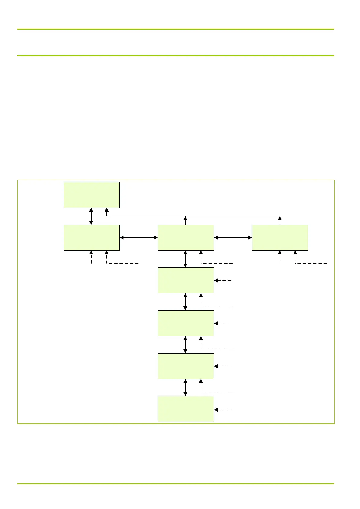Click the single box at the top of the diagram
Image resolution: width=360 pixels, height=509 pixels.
point(92,195)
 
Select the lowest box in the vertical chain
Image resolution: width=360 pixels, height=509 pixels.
point(186,409)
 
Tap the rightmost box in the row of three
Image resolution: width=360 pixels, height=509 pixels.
point(280,237)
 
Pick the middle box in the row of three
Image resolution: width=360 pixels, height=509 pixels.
point(186,237)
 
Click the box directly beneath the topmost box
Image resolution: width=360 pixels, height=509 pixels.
point(92,237)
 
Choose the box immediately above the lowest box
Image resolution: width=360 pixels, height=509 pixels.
point(186,366)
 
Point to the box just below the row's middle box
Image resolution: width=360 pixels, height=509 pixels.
point(186,280)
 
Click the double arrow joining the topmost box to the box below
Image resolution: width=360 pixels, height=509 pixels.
point(91,216)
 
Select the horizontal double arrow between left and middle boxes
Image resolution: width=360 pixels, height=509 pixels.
point(139,238)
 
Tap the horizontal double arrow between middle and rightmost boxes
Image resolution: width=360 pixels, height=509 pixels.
point(233,238)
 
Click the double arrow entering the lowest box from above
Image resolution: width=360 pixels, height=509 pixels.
point(186,387)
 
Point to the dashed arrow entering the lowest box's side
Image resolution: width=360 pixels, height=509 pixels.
point(223,410)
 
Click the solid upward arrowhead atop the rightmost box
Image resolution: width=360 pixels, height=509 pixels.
point(280,218)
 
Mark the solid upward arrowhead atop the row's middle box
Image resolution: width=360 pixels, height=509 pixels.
point(186,218)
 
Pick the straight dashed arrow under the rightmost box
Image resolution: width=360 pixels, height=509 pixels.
point(280,257)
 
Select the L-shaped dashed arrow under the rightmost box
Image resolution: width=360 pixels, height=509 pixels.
point(308,263)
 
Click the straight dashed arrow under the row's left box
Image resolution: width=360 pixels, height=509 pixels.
point(91,257)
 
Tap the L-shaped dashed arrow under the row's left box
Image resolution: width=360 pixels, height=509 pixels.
point(121,263)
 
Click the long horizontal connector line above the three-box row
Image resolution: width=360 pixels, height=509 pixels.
point(193,216)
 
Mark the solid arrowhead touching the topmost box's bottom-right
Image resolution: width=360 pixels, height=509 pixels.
point(106,210)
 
